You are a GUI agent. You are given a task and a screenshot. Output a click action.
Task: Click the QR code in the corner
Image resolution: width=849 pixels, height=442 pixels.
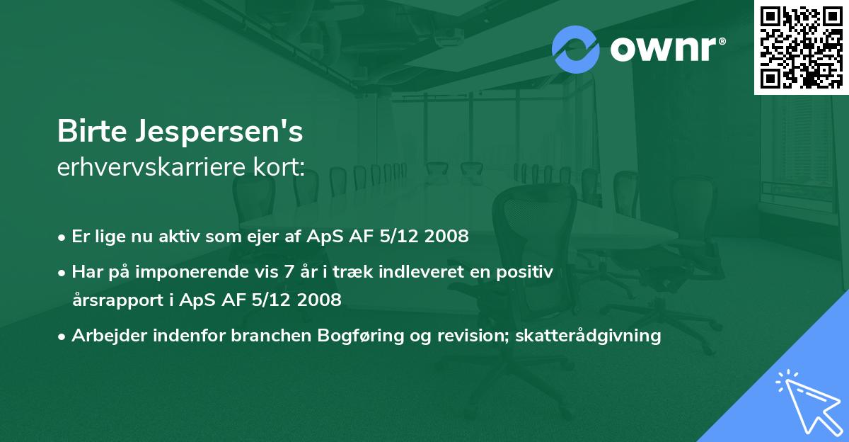click(x=801, y=47)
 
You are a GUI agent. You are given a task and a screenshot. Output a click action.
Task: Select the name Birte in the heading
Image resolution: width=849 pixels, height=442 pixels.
click(x=91, y=132)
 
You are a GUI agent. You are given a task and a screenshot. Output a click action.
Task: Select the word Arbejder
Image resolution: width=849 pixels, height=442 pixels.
click(x=105, y=336)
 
